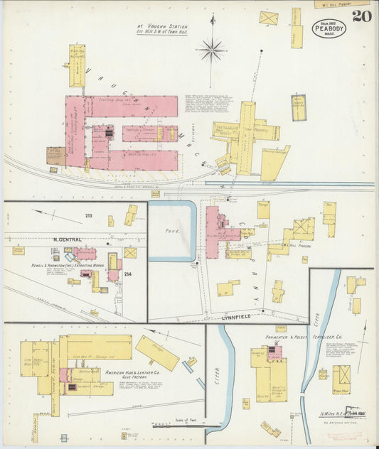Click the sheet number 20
(361, 15)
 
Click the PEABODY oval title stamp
(329, 28)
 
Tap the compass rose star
(211, 50)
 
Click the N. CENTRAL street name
(68, 239)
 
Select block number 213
(89, 215)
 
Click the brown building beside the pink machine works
(55, 156)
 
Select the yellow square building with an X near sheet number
(268, 18)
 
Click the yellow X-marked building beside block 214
(130, 252)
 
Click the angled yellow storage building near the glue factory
(157, 353)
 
